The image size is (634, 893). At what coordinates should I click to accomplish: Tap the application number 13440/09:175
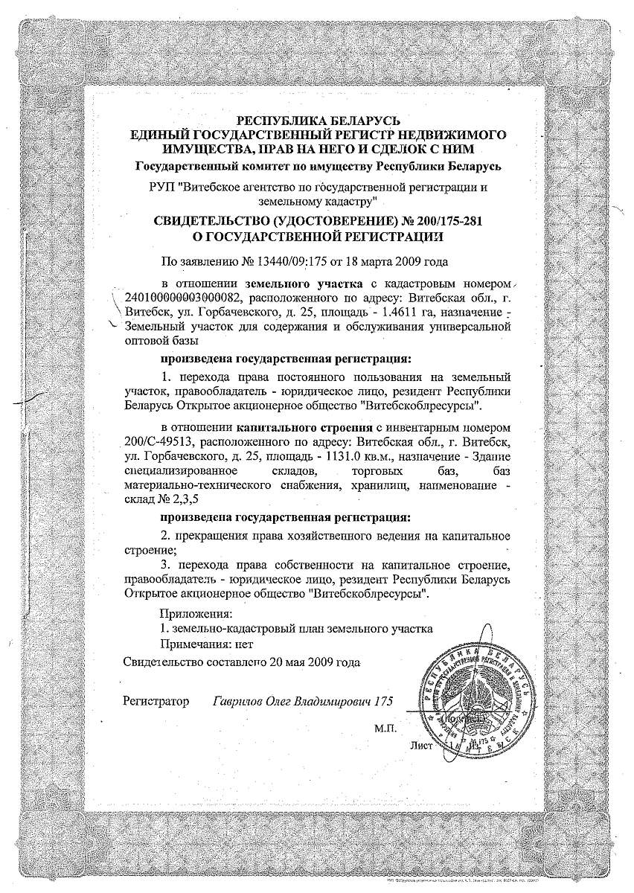pyautogui.click(x=278, y=261)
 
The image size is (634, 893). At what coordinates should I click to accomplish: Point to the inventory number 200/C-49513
pyautogui.click(x=159, y=441)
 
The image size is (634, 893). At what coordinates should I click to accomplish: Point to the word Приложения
pyautogui.click(x=196, y=614)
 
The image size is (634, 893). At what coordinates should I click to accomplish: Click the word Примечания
pyautogui.click(x=195, y=643)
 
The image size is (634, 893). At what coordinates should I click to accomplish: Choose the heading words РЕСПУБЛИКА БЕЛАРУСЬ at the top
pyautogui.click(x=319, y=121)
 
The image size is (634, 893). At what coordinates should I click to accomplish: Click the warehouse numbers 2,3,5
pyautogui.click(x=183, y=499)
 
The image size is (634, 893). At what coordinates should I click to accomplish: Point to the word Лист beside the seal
pyautogui.click(x=420, y=744)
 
